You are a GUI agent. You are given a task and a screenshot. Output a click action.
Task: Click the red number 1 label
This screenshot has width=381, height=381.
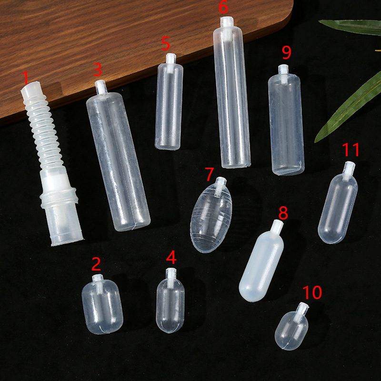tap(26, 78)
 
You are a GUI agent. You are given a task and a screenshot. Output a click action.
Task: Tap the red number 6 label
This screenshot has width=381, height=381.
tap(223, 7)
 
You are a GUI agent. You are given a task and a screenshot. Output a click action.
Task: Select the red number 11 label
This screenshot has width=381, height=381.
tap(351, 150)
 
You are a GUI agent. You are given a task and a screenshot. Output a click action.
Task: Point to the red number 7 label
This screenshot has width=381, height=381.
tap(210, 174)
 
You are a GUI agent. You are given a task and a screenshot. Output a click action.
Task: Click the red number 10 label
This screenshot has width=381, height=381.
tap(312, 292)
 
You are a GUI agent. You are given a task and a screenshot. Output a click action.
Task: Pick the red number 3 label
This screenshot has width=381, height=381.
tap(98, 70)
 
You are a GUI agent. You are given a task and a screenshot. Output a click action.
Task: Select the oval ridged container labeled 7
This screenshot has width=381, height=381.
tap(211, 218)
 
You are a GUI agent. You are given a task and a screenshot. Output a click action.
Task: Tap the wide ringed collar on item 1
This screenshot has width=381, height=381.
tap(59, 197)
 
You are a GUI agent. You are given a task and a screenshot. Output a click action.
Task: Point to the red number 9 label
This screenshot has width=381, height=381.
tap(287, 52)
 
